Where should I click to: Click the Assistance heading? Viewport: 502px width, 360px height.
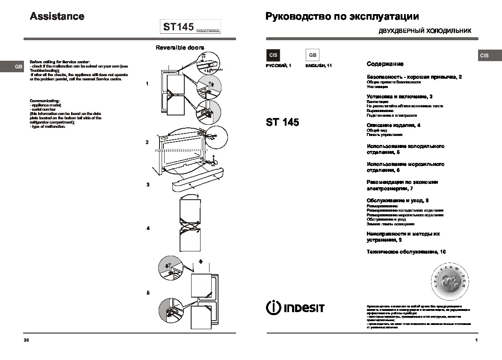point(57,16)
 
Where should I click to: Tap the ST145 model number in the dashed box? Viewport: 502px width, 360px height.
point(178,27)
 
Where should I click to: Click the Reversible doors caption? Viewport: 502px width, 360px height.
point(180,47)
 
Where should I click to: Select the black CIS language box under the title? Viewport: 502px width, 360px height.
point(273,55)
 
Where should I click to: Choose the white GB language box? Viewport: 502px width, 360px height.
point(313,55)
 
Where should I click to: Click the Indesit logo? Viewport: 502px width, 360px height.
point(295,307)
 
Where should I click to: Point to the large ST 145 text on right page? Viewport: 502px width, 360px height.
point(282,122)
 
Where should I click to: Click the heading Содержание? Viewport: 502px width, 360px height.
point(385,64)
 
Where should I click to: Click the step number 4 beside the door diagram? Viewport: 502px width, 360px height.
point(148,228)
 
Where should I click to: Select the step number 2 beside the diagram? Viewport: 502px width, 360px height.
point(147,142)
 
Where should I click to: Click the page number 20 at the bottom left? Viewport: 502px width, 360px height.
point(27,340)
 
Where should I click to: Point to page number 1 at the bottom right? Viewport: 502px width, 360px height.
point(476,340)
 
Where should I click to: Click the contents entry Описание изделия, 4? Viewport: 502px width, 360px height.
point(393,125)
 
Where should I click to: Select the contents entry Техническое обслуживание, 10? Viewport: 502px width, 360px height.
point(406,252)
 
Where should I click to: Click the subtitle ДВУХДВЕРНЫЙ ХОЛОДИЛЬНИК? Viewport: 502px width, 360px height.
point(425,31)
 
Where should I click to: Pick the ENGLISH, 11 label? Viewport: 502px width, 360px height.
point(319,65)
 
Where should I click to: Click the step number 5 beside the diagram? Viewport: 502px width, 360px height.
point(148,293)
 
